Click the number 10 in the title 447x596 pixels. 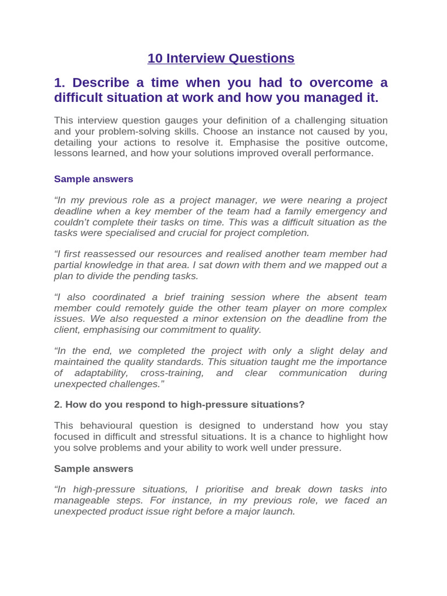click(155, 58)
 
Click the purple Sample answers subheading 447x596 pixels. click(94, 179)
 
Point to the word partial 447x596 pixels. click(70, 265)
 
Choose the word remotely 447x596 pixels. click(140, 308)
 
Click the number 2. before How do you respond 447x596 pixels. click(58, 405)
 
